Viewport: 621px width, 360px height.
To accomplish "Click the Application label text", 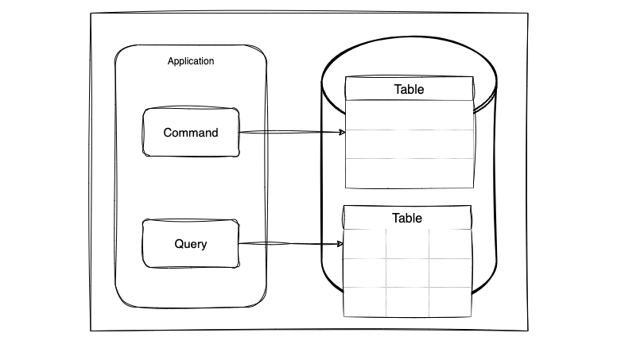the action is (191, 61).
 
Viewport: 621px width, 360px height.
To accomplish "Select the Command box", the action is (191, 132).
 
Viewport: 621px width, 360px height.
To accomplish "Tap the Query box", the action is (191, 243).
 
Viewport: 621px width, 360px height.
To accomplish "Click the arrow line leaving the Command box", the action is (293, 132).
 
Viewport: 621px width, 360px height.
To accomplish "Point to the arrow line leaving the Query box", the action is (291, 243).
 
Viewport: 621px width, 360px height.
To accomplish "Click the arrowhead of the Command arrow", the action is (342, 132).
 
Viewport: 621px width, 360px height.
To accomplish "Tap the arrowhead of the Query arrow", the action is (340, 244).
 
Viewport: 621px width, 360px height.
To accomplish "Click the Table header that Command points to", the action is (409, 89).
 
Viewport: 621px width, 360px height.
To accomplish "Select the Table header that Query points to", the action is (407, 218).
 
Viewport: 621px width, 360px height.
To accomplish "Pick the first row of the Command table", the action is (409, 115).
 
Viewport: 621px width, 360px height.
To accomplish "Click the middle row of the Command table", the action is (409, 144).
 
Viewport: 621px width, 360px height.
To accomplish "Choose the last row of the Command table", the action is (409, 173).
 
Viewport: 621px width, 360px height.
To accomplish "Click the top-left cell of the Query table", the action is (365, 244).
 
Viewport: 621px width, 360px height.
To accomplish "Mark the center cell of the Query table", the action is (408, 273).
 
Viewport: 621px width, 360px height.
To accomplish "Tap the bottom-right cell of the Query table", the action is (450, 302).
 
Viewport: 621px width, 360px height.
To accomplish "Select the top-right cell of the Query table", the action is (450, 244).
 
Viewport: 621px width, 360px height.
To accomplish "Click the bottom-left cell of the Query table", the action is (365, 302).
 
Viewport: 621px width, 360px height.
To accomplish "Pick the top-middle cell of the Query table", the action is (408, 244).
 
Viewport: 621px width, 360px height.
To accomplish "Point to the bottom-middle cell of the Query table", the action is (408, 302).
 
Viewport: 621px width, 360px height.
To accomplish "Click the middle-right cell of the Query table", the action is (450, 273).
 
